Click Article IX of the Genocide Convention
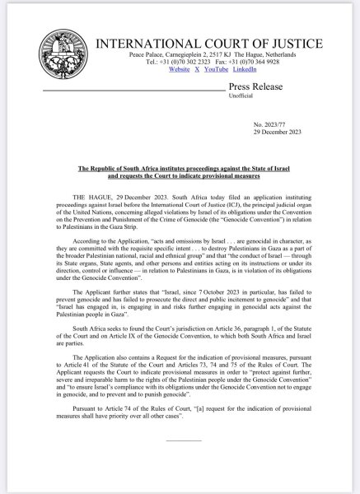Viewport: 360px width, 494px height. coord(101,337)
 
